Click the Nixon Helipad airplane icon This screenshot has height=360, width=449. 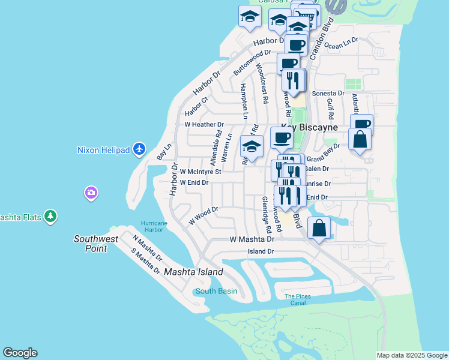click(x=139, y=148)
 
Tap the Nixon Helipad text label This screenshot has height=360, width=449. click(x=104, y=149)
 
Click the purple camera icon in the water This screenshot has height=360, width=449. click(x=91, y=193)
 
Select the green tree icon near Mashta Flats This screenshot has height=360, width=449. click(x=52, y=216)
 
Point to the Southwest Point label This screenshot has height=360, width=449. click(x=90, y=244)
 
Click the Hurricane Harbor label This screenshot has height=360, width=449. click(x=152, y=226)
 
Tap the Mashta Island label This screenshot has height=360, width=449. click(x=193, y=272)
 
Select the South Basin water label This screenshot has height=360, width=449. click(x=216, y=291)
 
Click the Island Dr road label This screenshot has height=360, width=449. click(x=261, y=251)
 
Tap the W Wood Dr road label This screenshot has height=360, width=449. click(x=203, y=214)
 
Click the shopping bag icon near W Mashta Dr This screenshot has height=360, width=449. click(x=319, y=229)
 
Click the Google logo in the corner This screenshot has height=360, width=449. click(x=20, y=353)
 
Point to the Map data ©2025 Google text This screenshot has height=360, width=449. click(x=412, y=355)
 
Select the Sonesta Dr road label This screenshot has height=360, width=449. click(x=328, y=94)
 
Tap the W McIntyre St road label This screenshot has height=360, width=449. click(x=200, y=172)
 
